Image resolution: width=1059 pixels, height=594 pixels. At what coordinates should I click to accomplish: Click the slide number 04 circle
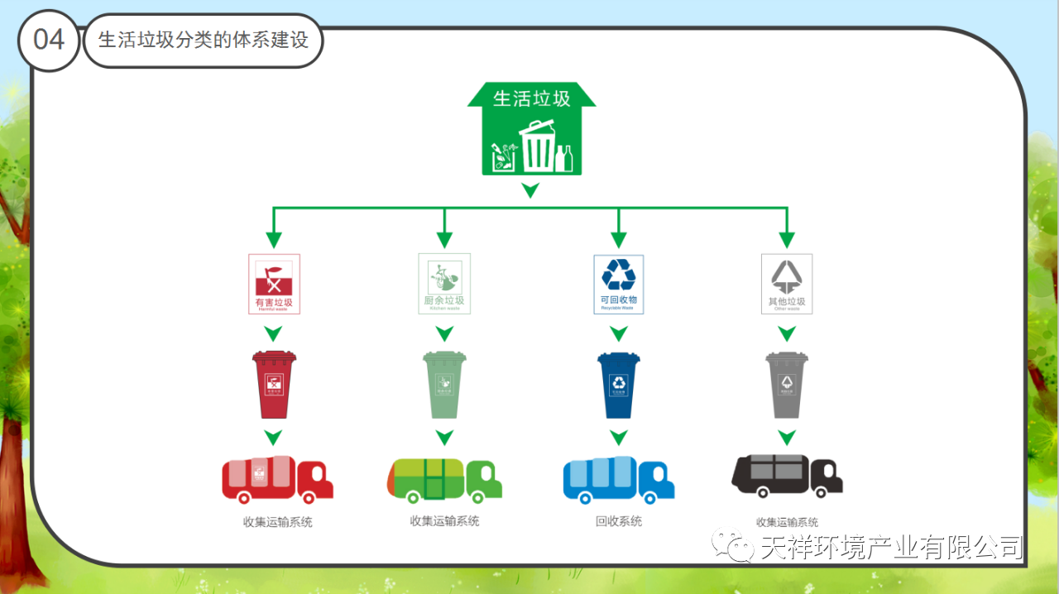pyautogui.click(x=48, y=40)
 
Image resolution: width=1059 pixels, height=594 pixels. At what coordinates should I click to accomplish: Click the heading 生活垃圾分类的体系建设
pyautogui.click(x=204, y=40)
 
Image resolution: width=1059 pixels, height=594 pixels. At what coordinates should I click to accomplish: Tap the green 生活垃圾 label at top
pyautogui.click(x=531, y=98)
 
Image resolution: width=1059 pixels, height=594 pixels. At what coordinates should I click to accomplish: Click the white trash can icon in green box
pyautogui.click(x=538, y=146)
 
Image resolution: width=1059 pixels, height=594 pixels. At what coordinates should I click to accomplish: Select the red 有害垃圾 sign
pyautogui.click(x=274, y=284)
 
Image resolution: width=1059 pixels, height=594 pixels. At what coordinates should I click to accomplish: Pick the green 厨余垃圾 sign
pyautogui.click(x=444, y=284)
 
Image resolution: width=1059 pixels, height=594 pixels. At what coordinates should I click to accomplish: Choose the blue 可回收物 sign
pyautogui.click(x=619, y=284)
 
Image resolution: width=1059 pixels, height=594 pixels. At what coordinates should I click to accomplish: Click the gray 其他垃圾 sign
pyautogui.click(x=787, y=284)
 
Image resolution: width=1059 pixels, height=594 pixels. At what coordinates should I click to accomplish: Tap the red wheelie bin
pyautogui.click(x=274, y=385)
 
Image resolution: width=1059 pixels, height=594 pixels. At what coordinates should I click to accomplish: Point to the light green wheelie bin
pyautogui.click(x=444, y=385)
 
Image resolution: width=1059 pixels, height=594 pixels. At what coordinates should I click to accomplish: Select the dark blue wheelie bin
pyautogui.click(x=619, y=385)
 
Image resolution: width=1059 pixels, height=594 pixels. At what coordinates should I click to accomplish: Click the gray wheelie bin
pyautogui.click(x=787, y=385)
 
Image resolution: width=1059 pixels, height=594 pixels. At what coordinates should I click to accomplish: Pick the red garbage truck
pyautogui.click(x=277, y=480)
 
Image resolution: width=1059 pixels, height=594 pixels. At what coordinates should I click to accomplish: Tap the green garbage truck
pyautogui.click(x=444, y=480)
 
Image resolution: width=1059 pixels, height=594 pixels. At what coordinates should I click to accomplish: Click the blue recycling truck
pyautogui.click(x=619, y=480)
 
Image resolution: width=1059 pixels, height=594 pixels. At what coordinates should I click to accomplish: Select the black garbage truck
pyautogui.click(x=787, y=476)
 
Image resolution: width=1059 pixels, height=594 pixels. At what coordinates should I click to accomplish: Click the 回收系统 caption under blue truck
pyautogui.click(x=619, y=521)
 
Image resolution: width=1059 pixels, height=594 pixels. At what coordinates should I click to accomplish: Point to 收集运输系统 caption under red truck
pyautogui.click(x=277, y=522)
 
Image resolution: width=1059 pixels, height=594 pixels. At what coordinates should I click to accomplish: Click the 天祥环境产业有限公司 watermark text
pyautogui.click(x=892, y=547)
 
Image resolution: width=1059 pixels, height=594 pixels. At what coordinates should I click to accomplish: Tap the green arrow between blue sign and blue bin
pyautogui.click(x=619, y=333)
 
